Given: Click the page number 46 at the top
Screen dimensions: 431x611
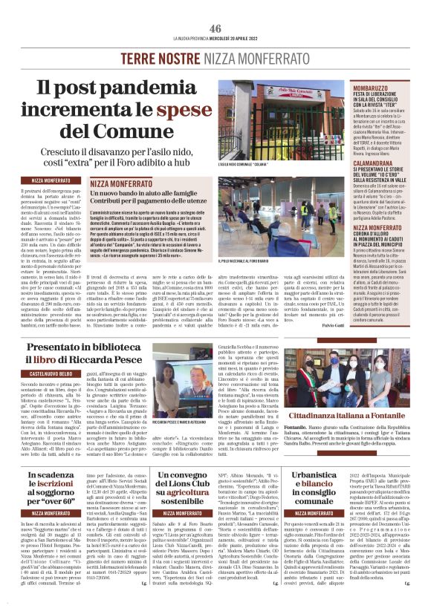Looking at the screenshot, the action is point(215,27).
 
